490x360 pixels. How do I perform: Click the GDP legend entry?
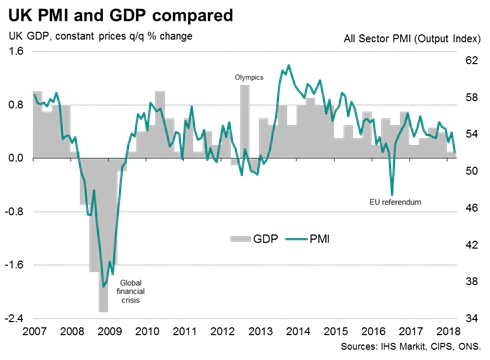click(254, 240)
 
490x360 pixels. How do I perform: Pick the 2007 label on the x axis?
click(35, 331)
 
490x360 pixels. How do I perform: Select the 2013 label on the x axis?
click(262, 331)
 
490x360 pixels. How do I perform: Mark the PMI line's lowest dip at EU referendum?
click(392, 194)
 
